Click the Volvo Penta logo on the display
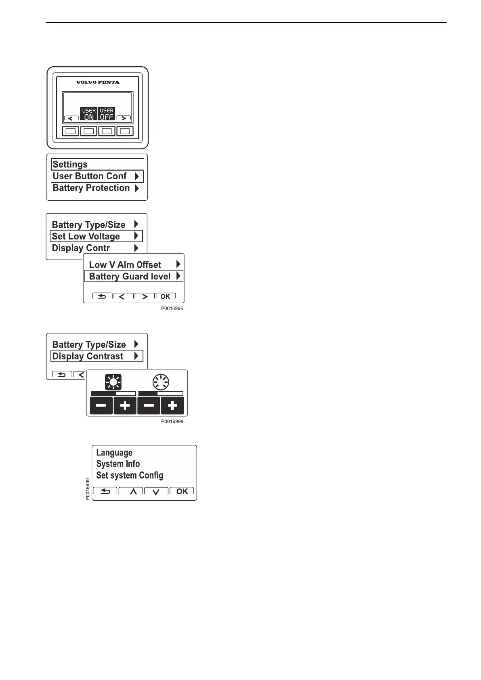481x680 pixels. [x=98, y=82]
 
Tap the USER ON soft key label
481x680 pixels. [x=89, y=114]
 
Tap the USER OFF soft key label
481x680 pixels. [x=107, y=114]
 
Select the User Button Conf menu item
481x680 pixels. [x=97, y=176]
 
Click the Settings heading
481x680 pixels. [x=70, y=164]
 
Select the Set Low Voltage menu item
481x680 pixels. [x=96, y=236]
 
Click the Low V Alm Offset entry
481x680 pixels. [x=125, y=265]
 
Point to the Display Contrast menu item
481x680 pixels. [x=97, y=356]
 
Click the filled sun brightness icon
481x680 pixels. [x=113, y=382]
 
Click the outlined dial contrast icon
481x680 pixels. [x=161, y=382]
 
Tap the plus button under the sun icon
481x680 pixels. [x=125, y=405]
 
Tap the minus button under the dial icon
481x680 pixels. [x=149, y=405]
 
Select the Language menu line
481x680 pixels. [x=114, y=453]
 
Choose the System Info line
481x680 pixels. [x=118, y=464]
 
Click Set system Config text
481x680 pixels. [x=130, y=475]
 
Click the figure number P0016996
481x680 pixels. [x=172, y=309]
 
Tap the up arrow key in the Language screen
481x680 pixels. [x=133, y=491]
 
